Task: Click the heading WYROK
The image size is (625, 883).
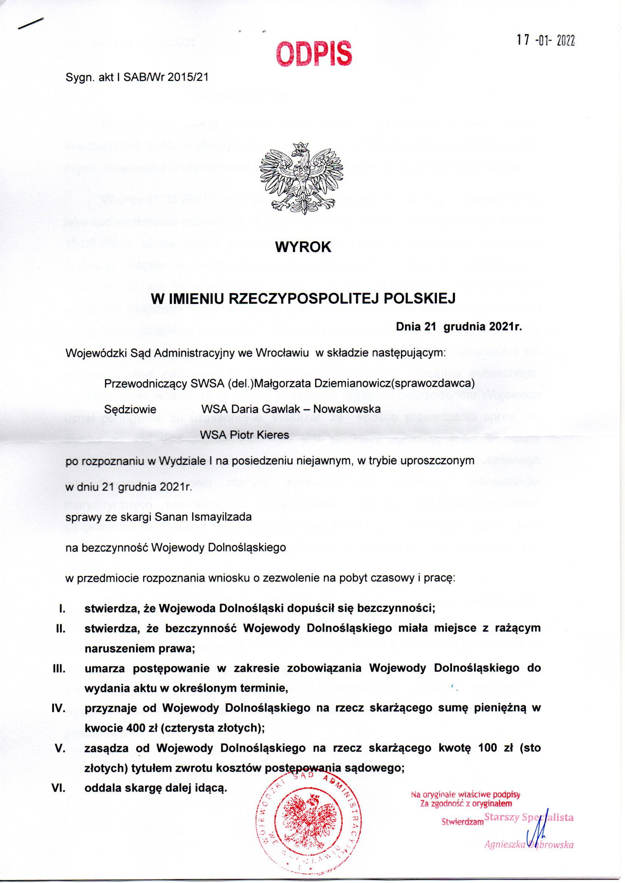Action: [303, 247]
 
